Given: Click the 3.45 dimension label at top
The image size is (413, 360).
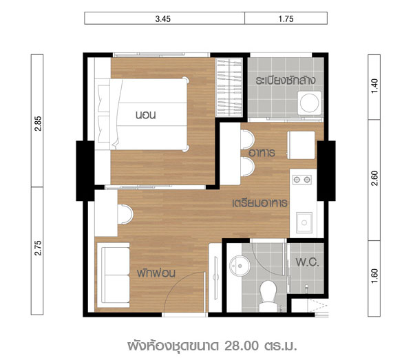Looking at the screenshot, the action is click(162, 19).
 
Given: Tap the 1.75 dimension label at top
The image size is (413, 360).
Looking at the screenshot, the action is click(286, 19).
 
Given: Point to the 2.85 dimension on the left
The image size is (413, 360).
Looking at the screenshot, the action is click(38, 123).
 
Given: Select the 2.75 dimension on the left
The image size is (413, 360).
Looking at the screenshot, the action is click(38, 248).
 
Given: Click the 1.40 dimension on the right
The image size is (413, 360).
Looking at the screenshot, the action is click(374, 86).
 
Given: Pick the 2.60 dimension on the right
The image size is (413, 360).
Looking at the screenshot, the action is click(374, 178).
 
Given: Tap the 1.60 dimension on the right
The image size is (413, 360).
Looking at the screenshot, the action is click(374, 276).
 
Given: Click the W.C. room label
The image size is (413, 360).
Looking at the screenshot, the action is click(307, 262).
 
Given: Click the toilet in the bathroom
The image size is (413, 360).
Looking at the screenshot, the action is click(268, 296).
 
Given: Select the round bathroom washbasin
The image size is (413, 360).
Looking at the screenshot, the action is click(240, 266).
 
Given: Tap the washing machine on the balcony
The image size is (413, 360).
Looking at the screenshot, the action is click(310, 103).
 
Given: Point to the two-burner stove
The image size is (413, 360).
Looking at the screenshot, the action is click(302, 180).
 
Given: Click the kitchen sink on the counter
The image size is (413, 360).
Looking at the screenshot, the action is click(304, 222).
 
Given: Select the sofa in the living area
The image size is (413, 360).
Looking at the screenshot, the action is click(114, 275).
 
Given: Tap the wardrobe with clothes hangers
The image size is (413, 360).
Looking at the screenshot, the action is click(229, 87).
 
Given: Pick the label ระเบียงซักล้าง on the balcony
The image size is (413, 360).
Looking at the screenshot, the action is click(285, 80).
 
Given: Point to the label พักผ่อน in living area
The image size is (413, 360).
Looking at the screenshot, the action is click(156, 273).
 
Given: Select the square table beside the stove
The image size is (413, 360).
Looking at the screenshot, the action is click(301, 145).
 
